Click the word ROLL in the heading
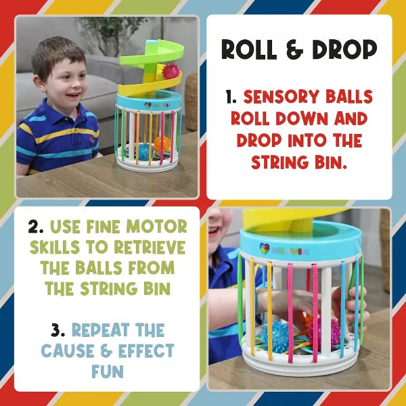(x=249, y=49)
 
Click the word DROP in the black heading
(x=344, y=49)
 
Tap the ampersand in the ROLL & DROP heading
(x=294, y=49)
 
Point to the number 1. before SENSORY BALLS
(x=231, y=97)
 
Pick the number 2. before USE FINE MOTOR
(x=37, y=227)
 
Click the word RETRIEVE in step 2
(x=150, y=247)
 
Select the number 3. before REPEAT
(x=58, y=330)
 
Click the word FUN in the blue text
(x=108, y=371)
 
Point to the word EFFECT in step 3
(x=146, y=351)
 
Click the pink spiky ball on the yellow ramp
(x=171, y=72)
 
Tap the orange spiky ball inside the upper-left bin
(x=162, y=144)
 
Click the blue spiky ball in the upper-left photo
(x=144, y=151)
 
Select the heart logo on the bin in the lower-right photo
(x=265, y=248)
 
